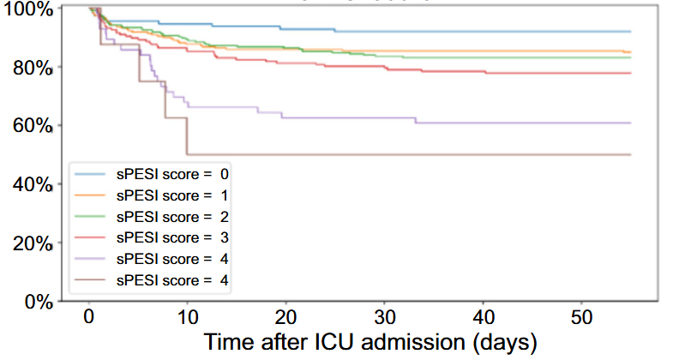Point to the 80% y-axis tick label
32,67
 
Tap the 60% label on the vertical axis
32,126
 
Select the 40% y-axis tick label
32,184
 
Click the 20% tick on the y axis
32,243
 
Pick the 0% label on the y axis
36,301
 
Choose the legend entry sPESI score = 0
171,173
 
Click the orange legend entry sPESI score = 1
171,195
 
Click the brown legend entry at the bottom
171,280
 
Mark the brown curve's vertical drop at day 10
186,137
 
